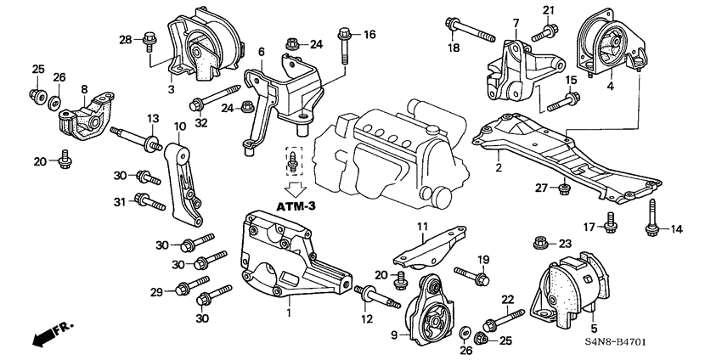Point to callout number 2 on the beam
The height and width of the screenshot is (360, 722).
point(499,168)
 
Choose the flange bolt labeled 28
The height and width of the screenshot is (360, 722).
point(150,38)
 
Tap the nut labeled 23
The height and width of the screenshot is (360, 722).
point(539,245)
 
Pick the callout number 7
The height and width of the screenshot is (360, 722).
point(516,22)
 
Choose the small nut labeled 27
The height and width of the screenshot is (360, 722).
point(561,187)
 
